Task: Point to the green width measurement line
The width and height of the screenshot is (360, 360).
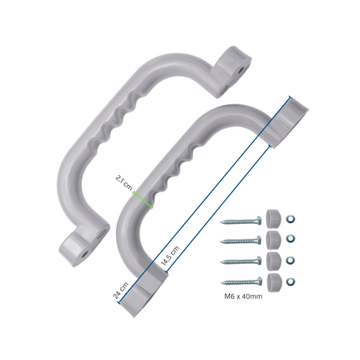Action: click(143, 201)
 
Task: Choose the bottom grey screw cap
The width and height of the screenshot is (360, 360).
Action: click(273, 279)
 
